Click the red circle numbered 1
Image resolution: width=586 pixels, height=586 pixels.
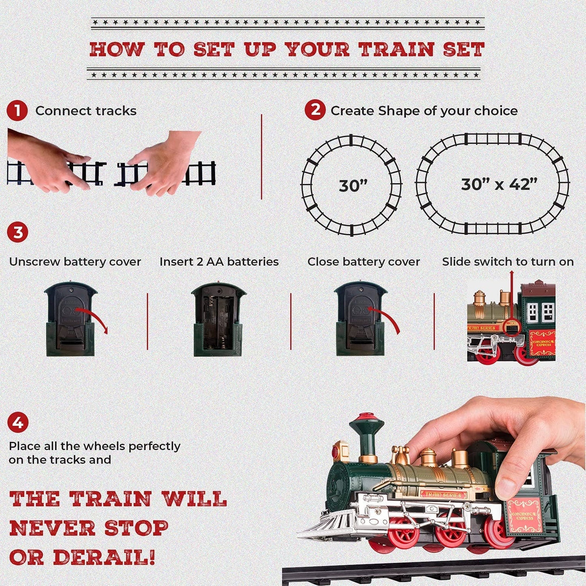tap(17, 111)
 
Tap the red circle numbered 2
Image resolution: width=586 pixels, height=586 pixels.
tap(315, 110)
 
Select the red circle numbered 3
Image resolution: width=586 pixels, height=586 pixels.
tap(17, 233)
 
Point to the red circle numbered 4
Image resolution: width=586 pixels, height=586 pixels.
tap(18, 423)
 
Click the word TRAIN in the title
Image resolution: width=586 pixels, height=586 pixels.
tap(396, 49)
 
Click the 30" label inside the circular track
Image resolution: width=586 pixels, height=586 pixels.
tap(352, 186)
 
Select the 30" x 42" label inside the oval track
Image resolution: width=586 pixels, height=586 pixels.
tap(499, 184)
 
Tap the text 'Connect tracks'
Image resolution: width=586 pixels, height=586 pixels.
tap(86, 111)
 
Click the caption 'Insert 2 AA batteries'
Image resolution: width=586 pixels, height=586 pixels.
tap(219, 262)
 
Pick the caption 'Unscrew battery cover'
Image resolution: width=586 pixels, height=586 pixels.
tap(75, 262)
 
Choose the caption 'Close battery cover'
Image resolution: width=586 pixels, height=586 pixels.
tap(363, 262)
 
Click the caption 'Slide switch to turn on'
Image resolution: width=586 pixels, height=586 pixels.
tap(508, 262)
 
